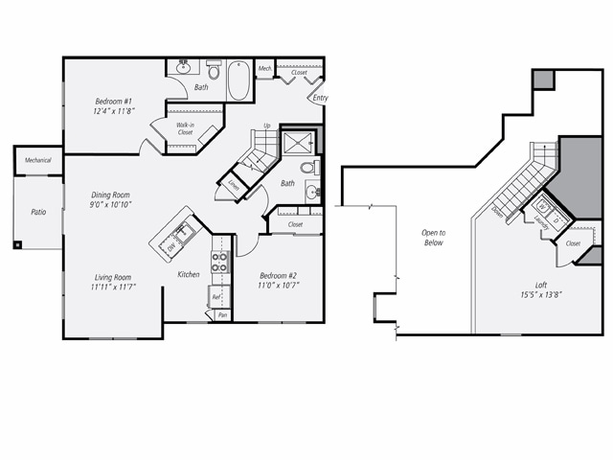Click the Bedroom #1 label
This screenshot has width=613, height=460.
[x=114, y=101]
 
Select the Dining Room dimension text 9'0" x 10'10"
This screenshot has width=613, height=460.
[x=111, y=204]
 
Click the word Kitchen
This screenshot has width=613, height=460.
[x=188, y=275]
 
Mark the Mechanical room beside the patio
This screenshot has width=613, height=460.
[x=38, y=160]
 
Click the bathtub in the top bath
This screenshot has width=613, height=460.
[x=238, y=82]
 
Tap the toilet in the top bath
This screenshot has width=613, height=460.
[x=214, y=70]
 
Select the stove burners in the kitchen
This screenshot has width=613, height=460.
[x=220, y=262]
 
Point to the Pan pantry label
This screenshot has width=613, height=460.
[x=222, y=314]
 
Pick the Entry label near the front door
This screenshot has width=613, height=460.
[x=320, y=98]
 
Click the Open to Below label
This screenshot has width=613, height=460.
[x=435, y=238]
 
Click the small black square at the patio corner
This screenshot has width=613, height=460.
[x=17, y=244]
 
